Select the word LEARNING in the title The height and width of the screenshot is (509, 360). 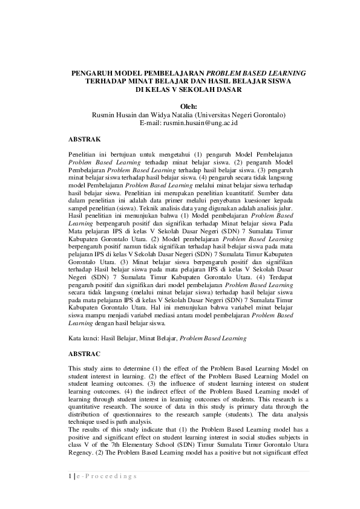285,73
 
